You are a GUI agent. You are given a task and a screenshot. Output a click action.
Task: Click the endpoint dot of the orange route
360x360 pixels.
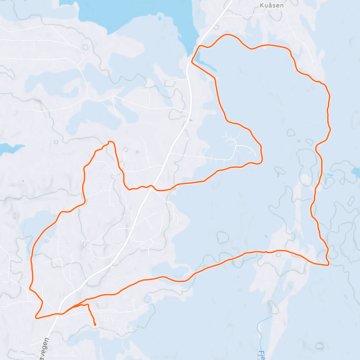pos(95,324)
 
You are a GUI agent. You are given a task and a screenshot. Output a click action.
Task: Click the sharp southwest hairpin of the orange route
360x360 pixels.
pos(36,317)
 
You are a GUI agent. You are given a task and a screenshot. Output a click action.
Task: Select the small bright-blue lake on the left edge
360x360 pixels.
pos(9,148)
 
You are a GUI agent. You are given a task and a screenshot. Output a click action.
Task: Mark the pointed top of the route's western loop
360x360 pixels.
pos(110,141)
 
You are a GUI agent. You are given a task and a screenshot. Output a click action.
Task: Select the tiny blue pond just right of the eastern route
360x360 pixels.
pos(330,175)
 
